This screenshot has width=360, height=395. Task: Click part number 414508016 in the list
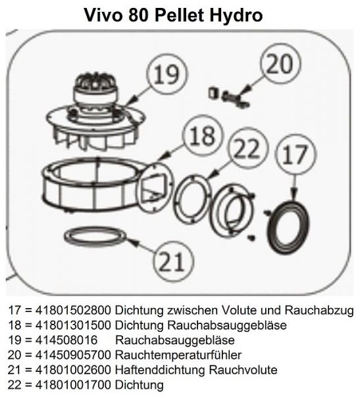[63, 340]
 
